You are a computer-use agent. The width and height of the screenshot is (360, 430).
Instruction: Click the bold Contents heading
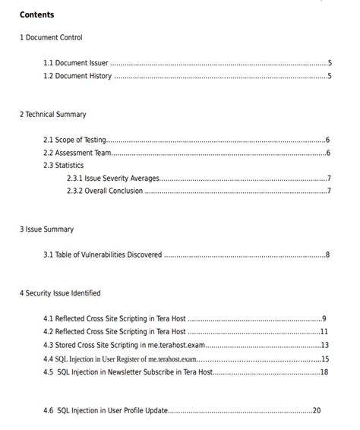coord(36,15)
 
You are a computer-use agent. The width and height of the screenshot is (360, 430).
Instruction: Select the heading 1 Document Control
coord(51,38)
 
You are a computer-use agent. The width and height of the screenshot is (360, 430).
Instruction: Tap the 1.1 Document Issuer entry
coord(76,63)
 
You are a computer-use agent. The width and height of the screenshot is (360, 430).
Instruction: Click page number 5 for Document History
coord(330,76)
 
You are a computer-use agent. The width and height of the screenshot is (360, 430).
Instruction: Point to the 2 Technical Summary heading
coord(53,115)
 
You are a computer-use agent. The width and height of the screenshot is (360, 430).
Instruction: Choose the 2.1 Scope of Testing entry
coord(74,140)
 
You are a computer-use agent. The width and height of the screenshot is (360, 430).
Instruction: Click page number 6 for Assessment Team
coord(327,153)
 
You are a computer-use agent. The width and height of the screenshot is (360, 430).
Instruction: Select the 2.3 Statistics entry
coord(63,165)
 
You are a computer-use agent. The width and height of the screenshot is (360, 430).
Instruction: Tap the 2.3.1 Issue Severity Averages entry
coord(113,179)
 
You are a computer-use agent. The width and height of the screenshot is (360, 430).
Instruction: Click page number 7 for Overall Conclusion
coord(328,191)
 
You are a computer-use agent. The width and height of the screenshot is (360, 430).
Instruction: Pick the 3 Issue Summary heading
coord(46,229)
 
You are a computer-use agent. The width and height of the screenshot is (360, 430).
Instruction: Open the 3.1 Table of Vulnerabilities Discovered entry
coord(103,255)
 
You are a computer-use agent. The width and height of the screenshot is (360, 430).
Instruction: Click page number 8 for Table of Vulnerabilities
coord(327,255)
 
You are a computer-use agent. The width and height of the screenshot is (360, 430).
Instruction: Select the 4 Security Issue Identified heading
coord(60,293)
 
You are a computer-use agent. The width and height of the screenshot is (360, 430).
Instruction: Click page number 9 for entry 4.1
coord(324,319)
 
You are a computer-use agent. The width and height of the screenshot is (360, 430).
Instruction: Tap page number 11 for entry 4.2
coord(324,331)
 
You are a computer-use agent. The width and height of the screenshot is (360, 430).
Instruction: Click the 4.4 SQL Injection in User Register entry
coord(120,359)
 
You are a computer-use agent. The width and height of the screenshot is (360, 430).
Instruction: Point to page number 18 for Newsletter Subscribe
coord(324,372)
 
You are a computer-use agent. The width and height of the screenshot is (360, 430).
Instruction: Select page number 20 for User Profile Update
coord(316,410)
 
